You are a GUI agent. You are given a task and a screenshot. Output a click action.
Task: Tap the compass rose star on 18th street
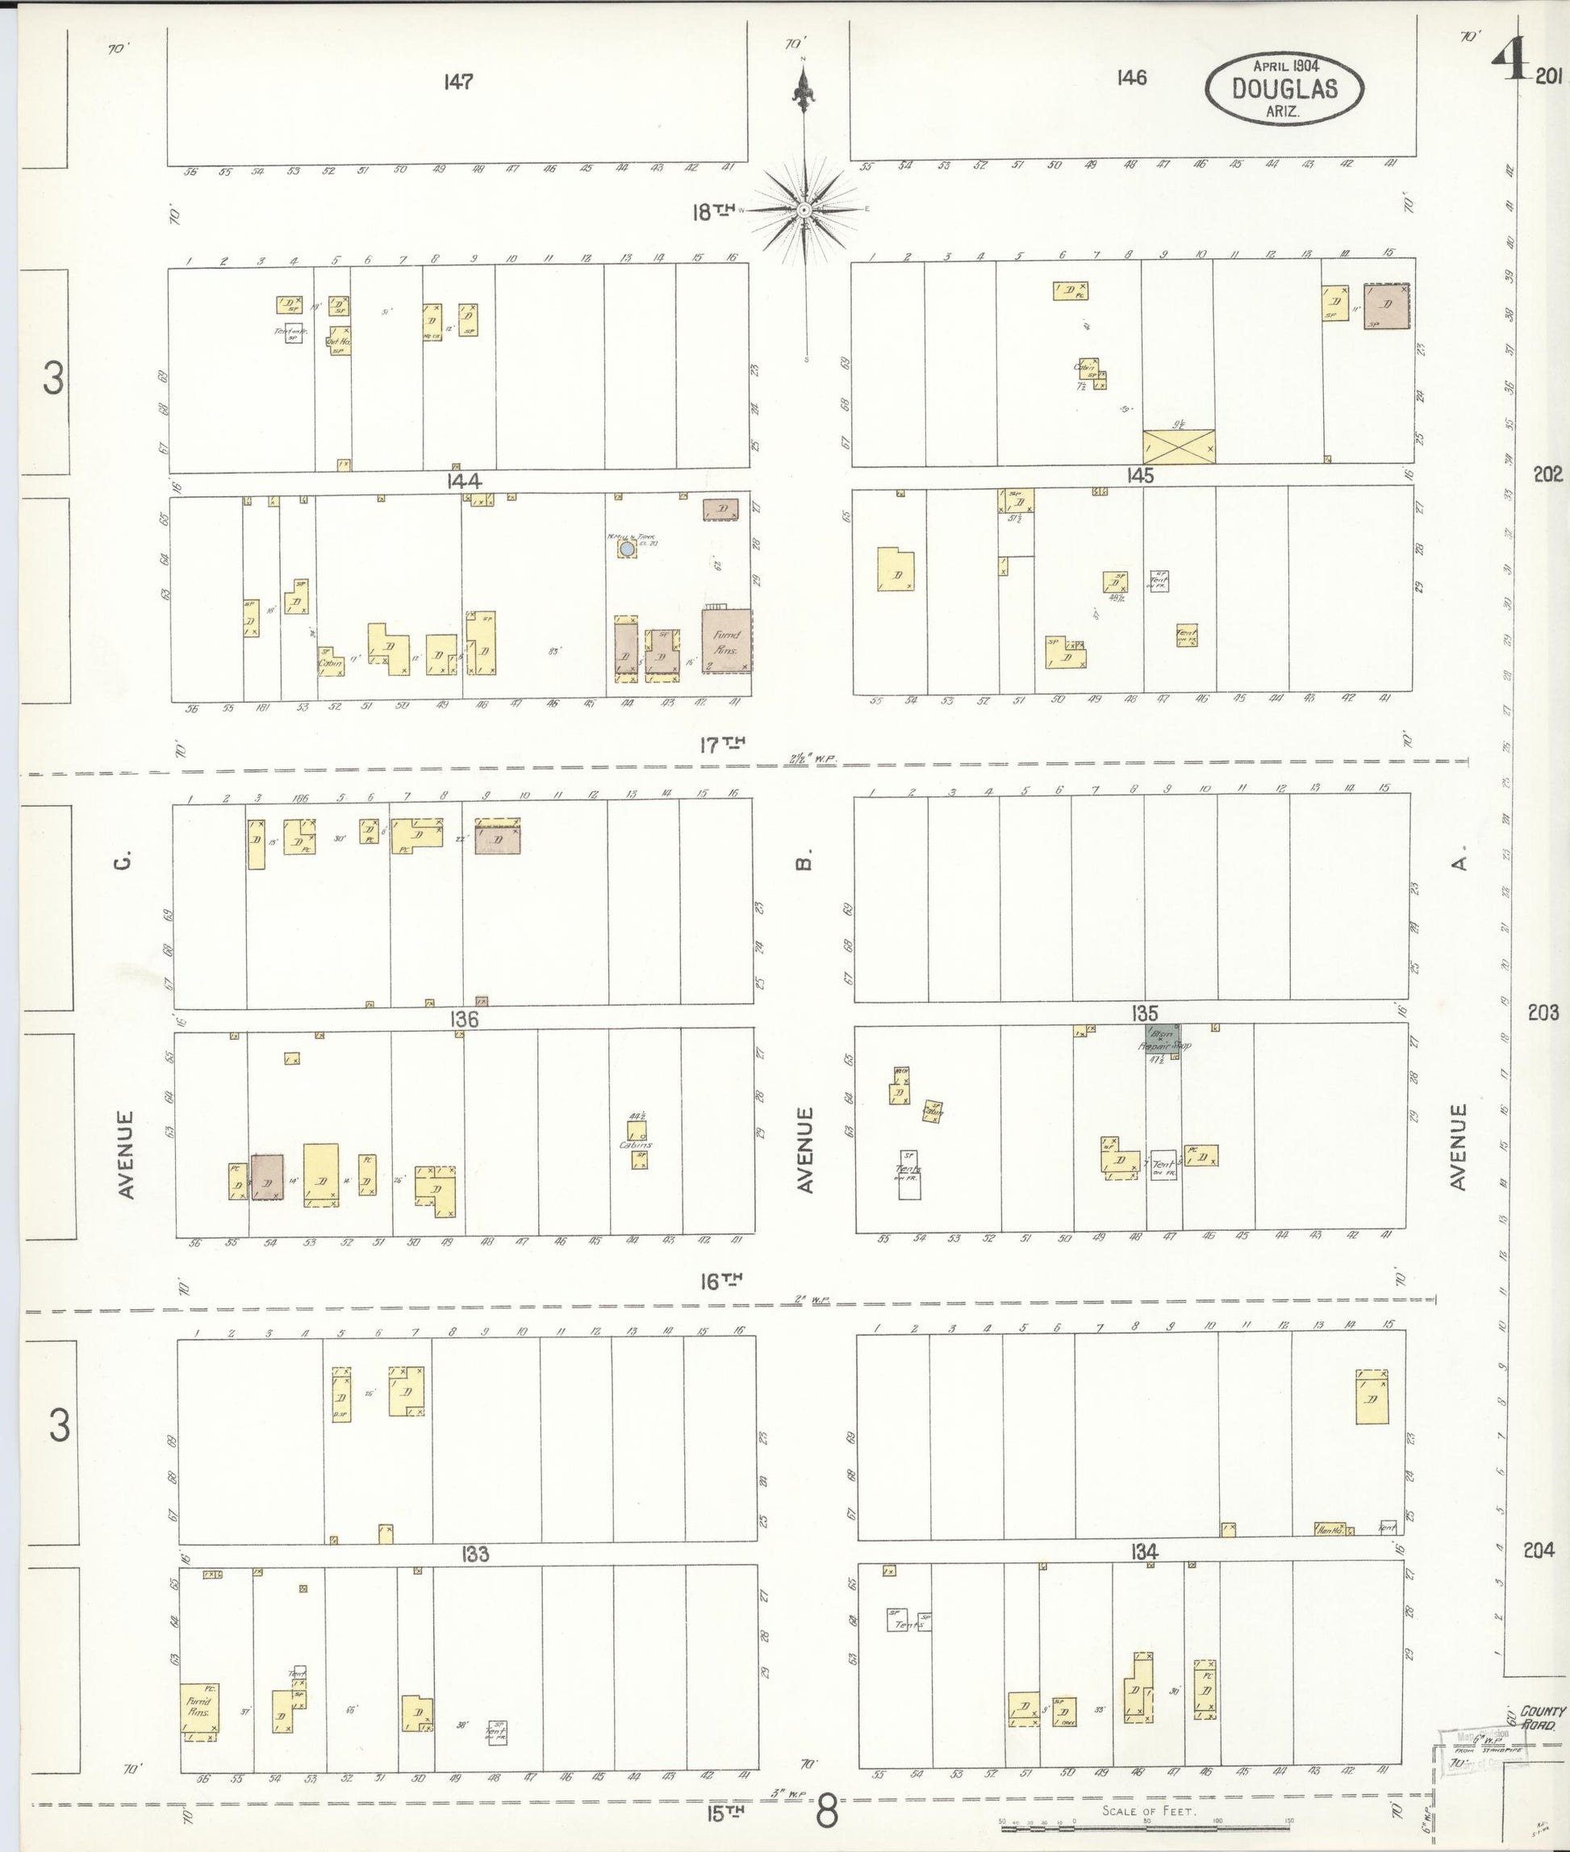click(804, 210)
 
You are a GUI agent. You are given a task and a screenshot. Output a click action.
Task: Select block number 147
click(458, 82)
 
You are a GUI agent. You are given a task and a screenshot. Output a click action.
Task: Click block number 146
click(1131, 78)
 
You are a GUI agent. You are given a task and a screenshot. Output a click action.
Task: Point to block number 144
click(465, 482)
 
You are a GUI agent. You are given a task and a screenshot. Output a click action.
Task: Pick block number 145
click(1139, 476)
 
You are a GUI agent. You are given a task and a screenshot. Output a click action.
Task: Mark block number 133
click(475, 1554)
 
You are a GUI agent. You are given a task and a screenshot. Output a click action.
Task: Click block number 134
click(1144, 1552)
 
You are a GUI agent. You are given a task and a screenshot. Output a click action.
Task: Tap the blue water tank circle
click(628, 549)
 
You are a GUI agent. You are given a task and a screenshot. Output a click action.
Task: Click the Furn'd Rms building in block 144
click(726, 640)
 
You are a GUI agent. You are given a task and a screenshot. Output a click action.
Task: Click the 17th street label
click(721, 745)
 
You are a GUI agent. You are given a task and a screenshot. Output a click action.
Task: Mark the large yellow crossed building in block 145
click(1180, 446)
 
